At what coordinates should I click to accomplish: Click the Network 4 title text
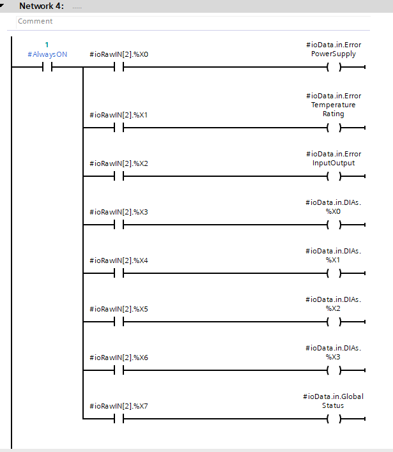[42, 6]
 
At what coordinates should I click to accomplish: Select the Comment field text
[35, 21]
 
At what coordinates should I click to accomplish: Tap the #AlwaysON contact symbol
[47, 67]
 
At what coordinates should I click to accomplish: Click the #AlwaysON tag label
[47, 54]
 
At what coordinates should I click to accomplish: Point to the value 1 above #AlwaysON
[47, 45]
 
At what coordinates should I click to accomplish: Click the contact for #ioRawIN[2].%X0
[119, 67]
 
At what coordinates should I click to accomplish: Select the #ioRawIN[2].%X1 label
[119, 115]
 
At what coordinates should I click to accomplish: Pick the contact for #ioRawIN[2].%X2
[119, 176]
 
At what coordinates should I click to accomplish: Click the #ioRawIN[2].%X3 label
[119, 212]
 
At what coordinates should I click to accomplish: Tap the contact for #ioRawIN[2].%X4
[119, 273]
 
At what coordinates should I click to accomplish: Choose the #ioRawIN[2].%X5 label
[119, 309]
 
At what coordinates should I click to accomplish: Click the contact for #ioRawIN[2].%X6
[119, 370]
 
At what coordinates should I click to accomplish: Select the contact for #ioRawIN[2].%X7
[119, 419]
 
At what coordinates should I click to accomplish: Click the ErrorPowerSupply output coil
[334, 67]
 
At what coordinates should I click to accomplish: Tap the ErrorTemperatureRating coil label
[334, 105]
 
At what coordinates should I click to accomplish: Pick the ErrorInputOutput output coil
[334, 176]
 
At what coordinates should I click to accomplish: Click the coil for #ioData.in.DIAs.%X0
[334, 225]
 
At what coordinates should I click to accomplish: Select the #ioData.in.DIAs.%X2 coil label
[334, 304]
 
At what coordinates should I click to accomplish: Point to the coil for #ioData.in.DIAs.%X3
[334, 370]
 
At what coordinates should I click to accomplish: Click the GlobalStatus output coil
[334, 419]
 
